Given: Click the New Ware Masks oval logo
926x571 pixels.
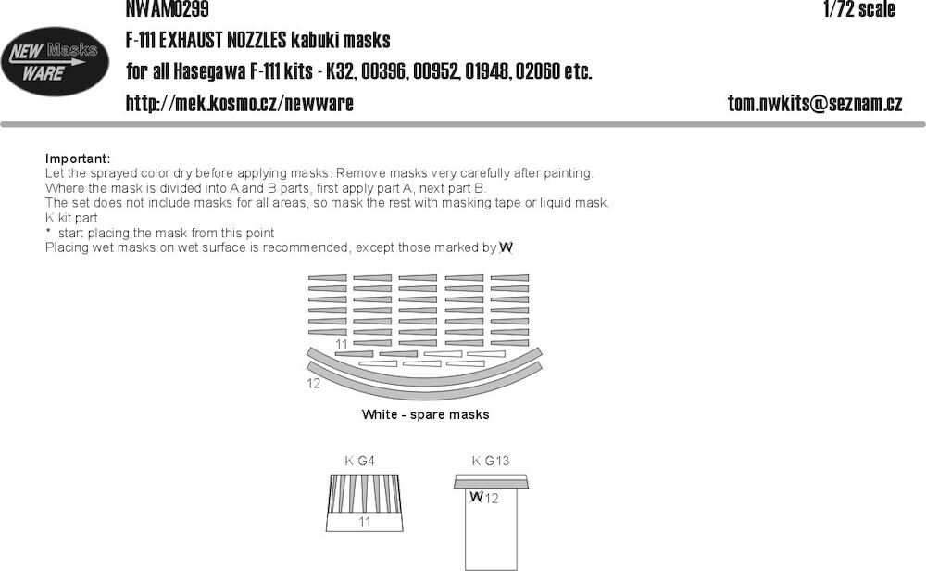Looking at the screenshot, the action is (x=55, y=61).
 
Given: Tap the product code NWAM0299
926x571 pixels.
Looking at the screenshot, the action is (x=167, y=9).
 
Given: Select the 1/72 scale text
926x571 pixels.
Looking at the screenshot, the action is (x=859, y=9).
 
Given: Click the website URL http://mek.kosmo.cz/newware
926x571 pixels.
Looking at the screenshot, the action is (x=239, y=104).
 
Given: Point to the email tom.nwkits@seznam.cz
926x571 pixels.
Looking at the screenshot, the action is (x=814, y=104).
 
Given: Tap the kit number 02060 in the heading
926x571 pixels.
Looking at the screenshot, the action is (x=537, y=71).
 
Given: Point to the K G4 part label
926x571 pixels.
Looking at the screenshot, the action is (x=359, y=461).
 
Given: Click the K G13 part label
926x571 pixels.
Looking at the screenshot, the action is (x=491, y=461).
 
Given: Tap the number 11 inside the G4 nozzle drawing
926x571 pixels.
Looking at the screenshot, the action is (x=364, y=522).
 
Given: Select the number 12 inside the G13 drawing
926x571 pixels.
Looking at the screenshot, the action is (x=492, y=499).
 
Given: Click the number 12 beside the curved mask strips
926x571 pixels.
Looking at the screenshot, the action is (x=313, y=384).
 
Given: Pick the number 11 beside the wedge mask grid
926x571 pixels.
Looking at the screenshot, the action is (x=342, y=344).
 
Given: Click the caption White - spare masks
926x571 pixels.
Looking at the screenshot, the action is (x=425, y=415).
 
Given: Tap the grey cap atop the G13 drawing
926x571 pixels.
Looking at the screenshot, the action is (x=491, y=482).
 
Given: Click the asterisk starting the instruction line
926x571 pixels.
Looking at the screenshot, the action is (x=48, y=231).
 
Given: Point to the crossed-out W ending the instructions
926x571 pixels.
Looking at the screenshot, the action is (x=507, y=248).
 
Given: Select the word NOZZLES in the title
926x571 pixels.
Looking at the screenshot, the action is (x=256, y=40).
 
